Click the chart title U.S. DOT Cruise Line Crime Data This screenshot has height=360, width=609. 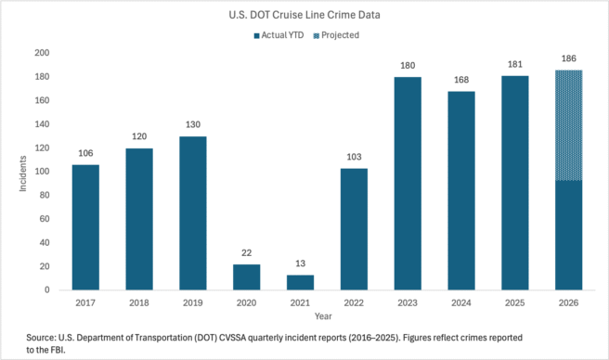304,15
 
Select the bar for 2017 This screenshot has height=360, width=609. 85,227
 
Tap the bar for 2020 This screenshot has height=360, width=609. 247,276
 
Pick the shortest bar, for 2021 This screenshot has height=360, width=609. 300,282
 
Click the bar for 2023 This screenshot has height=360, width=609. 408,184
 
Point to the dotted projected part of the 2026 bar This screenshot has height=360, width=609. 568,125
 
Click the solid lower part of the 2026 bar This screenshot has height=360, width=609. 568,236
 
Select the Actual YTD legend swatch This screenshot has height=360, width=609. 256,36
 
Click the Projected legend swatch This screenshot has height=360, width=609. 317,36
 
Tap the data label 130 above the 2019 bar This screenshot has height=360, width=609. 193,124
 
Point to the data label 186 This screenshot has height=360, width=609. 568,58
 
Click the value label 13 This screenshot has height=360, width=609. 300,264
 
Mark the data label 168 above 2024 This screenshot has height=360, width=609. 461,80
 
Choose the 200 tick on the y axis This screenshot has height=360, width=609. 42,53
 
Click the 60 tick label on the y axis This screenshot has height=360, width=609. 45,219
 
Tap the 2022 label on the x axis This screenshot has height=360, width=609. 354,302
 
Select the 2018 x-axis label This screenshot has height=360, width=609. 139,302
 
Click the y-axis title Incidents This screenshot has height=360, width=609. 23,174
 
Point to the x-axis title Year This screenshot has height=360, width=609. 323,316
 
